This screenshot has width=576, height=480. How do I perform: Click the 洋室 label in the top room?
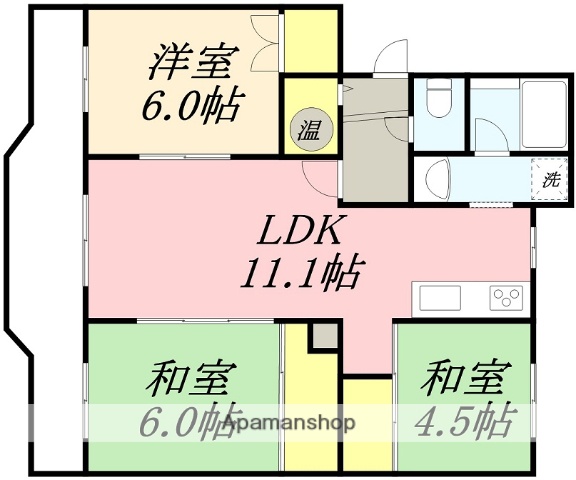pos(190,63)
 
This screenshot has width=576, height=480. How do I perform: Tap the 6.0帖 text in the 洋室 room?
pos(191,106)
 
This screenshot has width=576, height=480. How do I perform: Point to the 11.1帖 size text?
pos(300,272)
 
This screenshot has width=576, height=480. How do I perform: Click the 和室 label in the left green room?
pos(190,380)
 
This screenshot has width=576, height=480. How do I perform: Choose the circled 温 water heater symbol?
pos(306,128)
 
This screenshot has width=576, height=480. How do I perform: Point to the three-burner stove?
pos(506,297)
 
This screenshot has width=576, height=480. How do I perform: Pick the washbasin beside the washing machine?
pos(436,181)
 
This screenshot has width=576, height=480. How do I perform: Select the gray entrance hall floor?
pos(374,140)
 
